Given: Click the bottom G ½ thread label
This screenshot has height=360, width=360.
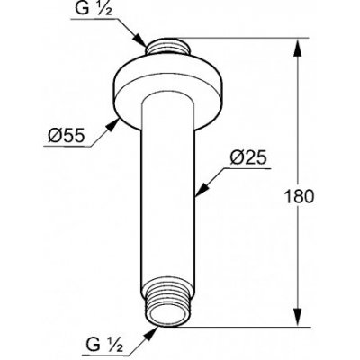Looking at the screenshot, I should pos(96,343).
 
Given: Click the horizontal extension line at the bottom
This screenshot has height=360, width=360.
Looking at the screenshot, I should pos(243,322).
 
